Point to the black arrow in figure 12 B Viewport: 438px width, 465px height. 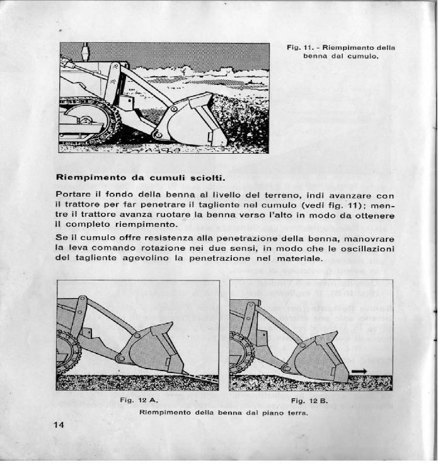359,372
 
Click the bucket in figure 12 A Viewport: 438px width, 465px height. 152,349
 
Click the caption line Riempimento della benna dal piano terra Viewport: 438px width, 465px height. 224,413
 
